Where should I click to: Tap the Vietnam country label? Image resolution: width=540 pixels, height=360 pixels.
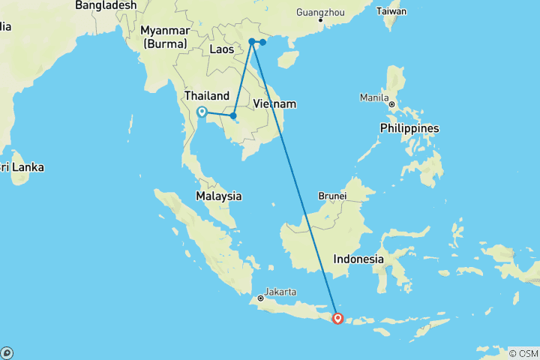point(274,103)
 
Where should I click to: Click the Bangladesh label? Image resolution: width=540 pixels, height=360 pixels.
point(106,5)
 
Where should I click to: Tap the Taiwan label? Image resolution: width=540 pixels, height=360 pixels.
point(391,12)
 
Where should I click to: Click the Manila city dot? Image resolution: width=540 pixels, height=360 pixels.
point(391,104)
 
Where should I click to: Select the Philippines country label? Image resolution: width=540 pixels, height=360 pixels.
point(409,128)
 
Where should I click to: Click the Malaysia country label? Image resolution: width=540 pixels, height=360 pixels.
point(218,196)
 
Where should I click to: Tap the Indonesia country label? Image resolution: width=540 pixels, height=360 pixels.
point(359,259)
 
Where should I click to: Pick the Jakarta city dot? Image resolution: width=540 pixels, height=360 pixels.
point(260,298)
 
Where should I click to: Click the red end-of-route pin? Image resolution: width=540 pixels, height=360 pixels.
point(337,319)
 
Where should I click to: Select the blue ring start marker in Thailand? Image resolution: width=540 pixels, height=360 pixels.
point(202,112)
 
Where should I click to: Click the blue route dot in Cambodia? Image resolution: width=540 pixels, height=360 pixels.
point(233,115)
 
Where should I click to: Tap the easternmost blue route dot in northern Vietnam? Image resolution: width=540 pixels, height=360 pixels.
point(262,42)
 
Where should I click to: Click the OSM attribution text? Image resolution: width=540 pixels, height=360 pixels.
point(523,353)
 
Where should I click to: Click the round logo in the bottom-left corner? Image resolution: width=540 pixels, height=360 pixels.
point(7,352)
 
